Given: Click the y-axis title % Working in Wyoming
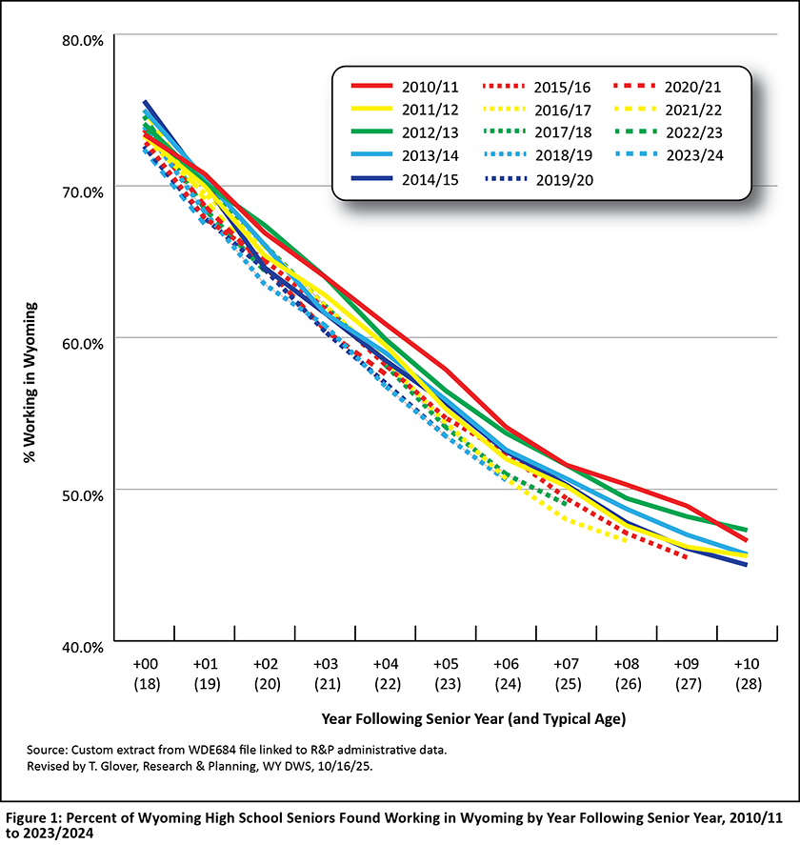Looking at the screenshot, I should point(30,381).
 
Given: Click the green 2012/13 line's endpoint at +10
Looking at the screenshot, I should point(747,530).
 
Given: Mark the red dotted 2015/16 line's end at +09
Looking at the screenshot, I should point(686,557).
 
